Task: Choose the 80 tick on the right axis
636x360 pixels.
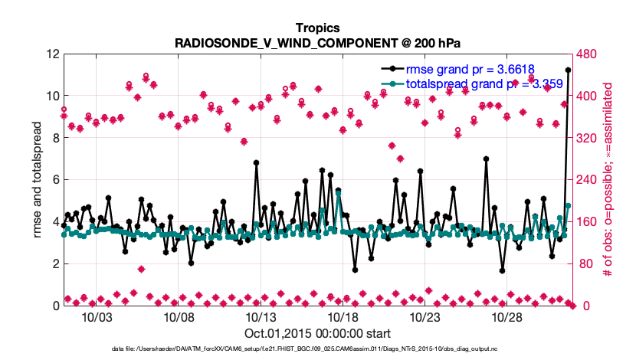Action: point(582,263)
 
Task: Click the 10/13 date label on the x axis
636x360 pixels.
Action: point(261,317)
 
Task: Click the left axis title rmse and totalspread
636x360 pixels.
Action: point(37,180)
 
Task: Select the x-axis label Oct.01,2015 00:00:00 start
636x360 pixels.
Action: point(317,333)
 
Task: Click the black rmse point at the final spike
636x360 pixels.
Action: point(568,70)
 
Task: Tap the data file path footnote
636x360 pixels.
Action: point(317,349)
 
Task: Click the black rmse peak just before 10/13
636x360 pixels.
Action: point(256,162)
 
